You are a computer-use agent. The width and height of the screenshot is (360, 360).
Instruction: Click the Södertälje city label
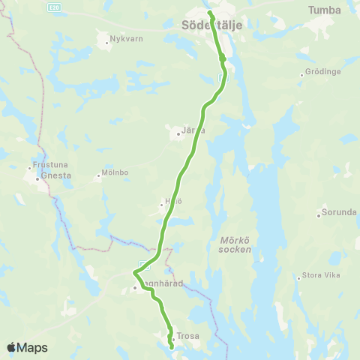point(206,25)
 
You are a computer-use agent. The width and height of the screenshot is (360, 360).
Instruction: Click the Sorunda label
point(339,212)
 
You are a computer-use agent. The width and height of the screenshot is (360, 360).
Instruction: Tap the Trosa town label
point(187,336)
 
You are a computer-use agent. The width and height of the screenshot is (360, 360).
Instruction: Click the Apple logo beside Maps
point(11,347)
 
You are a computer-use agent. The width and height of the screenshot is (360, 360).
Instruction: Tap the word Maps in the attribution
point(32,347)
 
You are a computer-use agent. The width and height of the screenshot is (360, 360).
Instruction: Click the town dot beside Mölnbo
point(97,178)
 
